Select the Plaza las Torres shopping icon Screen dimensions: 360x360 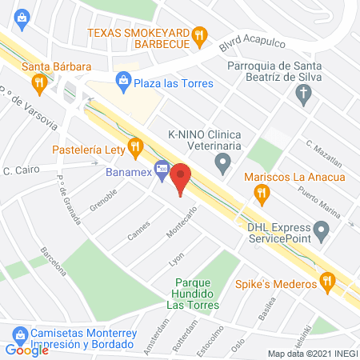pyautogui.click(x=124, y=78)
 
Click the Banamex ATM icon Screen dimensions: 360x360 pyautogui.click(x=162, y=170)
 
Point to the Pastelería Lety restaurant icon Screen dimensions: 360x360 pyautogui.click(x=135, y=147)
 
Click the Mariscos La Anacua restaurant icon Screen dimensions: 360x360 pyautogui.click(x=260, y=192)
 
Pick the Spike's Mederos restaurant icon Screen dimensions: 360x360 pyautogui.click(x=326, y=282)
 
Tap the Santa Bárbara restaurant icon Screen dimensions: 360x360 pyautogui.click(x=38, y=82)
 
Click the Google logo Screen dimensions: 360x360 pyautogui.click(x=27, y=350)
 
